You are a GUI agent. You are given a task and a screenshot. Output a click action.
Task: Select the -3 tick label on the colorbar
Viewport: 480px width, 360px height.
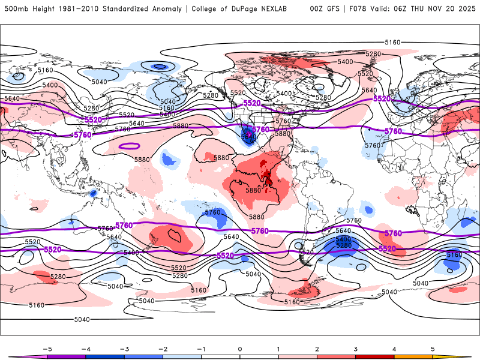tap(124, 349)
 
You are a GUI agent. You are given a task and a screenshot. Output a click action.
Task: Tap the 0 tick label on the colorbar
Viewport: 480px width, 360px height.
tap(240, 349)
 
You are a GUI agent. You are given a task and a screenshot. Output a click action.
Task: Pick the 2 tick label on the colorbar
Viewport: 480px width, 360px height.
tap(317, 349)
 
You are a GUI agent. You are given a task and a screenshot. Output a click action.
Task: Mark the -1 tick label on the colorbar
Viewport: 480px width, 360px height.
tap(201, 349)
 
